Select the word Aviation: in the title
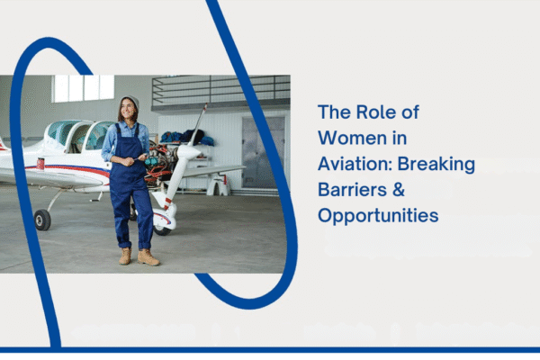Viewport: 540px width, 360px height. click(359, 165)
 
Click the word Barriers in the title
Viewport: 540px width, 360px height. click(351, 190)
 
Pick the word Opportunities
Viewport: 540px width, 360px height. click(377, 216)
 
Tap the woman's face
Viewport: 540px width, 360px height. click(128, 111)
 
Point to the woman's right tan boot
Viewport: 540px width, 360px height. click(125, 256)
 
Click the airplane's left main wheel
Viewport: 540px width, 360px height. click(42, 220)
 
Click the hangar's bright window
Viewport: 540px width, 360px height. click(84, 88)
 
